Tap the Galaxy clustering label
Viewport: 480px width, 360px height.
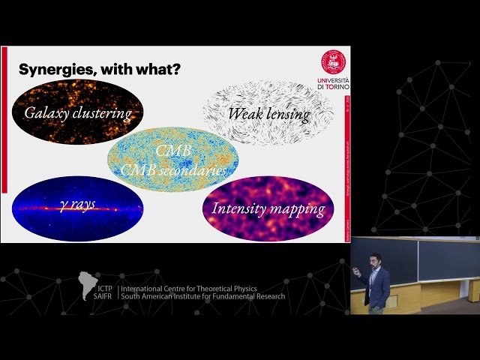78,114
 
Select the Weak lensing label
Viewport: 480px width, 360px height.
268,114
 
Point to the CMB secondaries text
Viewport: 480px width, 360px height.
173,171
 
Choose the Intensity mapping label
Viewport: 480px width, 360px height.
268,208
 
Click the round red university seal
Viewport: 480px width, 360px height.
334,62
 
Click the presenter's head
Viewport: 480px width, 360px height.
375,259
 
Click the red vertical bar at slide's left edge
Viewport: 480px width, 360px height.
4,120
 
